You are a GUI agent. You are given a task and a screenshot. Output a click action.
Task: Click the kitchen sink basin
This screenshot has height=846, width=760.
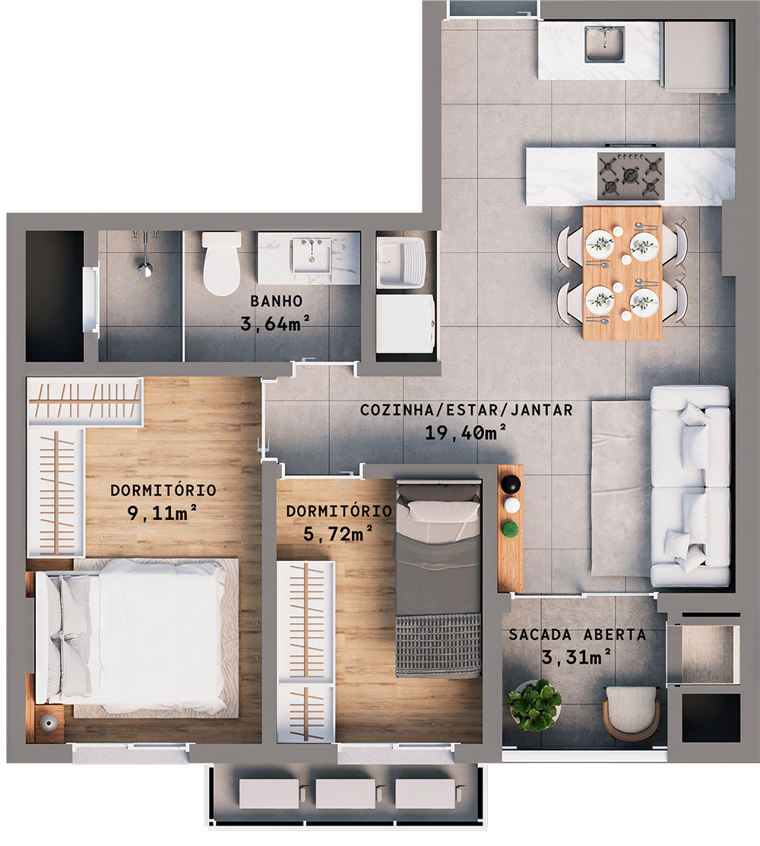click(x=605, y=45)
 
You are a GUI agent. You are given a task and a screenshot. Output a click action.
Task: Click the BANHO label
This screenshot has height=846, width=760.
click(x=277, y=300)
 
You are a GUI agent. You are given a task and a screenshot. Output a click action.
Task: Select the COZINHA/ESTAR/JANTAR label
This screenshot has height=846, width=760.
click(x=467, y=410)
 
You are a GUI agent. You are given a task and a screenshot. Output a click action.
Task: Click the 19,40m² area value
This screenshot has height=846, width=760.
click(x=467, y=433)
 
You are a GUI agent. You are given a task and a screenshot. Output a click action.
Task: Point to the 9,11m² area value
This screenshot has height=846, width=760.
click(x=163, y=513)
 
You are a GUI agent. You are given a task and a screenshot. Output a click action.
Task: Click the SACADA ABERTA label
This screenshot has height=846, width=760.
click(x=578, y=635)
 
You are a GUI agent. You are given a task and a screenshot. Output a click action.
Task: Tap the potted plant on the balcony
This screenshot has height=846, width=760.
click(x=535, y=705)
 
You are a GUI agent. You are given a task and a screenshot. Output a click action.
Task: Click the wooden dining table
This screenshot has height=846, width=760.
click(x=622, y=272)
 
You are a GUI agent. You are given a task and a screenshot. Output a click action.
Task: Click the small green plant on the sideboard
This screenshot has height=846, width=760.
click(x=511, y=529)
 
